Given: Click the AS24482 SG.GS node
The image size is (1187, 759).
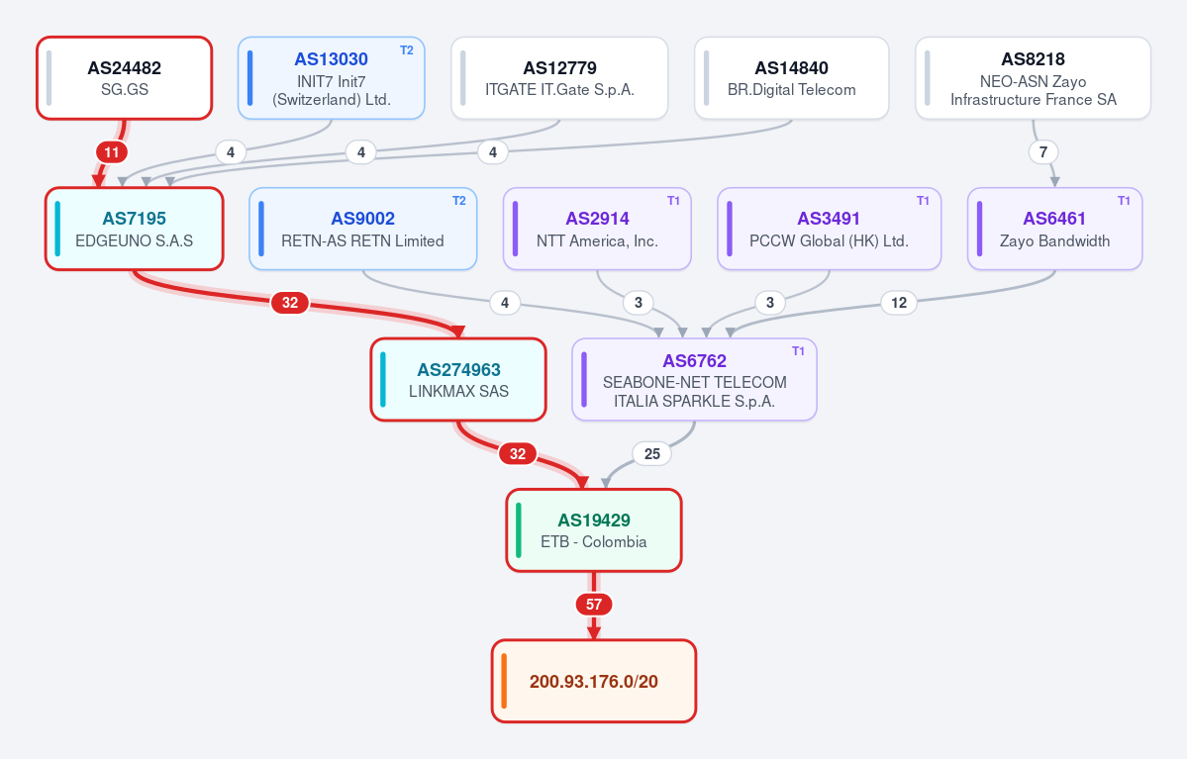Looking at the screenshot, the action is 124,78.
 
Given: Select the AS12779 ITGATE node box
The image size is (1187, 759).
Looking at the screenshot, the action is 559,78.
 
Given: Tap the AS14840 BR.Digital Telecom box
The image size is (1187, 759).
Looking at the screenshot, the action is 791,78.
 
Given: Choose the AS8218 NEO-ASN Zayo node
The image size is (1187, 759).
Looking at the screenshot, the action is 1033,78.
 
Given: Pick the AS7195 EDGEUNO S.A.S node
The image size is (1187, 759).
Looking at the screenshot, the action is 134,229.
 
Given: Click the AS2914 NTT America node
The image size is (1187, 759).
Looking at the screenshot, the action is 597,229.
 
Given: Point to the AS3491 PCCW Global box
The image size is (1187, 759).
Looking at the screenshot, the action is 829,229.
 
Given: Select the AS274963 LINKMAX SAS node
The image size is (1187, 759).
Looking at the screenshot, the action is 458,379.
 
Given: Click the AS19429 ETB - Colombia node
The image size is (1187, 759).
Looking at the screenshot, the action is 594,530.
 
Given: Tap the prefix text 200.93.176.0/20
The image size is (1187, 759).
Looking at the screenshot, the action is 594,682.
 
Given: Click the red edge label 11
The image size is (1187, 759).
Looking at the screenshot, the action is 112,152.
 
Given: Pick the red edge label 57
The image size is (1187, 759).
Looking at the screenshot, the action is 594,605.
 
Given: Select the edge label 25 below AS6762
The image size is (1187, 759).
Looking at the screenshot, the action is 651,454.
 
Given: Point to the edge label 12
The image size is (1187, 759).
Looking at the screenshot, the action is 899,303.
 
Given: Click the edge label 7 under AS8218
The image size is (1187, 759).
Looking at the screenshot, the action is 1043,152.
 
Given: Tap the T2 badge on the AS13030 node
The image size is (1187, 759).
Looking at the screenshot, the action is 407,49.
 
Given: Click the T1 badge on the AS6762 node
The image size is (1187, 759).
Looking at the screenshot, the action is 798,351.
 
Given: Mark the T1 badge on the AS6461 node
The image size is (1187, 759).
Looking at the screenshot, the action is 1124,201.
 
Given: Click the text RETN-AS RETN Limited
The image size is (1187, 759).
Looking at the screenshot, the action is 362,240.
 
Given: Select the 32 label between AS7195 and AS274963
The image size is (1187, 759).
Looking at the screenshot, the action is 290,303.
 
